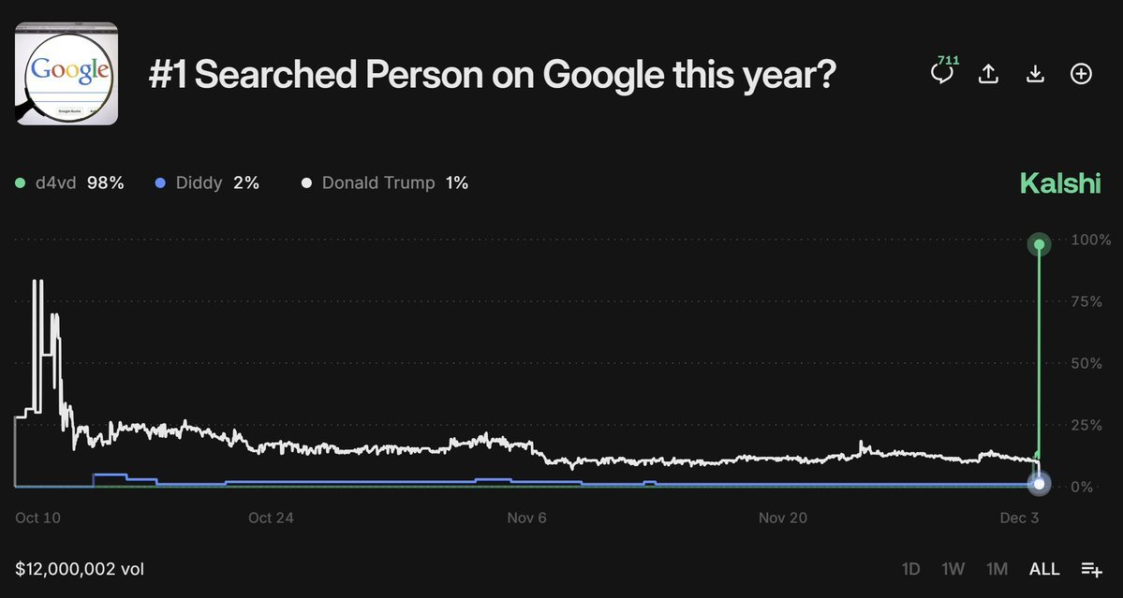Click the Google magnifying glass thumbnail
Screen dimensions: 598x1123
66,74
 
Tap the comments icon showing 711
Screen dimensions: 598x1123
942,73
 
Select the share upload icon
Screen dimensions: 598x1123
988,74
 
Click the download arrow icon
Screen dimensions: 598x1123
1035,74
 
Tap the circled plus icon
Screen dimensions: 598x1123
1081,74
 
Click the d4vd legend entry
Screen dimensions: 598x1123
70,182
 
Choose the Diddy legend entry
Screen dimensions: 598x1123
207,182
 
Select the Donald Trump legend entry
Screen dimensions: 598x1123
384,182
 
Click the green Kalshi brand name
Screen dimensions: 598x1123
1059,183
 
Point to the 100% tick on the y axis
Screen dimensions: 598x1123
1089,241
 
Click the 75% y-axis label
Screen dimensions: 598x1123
1086,301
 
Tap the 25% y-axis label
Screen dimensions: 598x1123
1086,425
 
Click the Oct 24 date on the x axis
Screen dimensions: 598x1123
271,518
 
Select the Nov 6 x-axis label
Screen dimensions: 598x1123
526,518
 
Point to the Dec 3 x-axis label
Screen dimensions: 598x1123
1018,518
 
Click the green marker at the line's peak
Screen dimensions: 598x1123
1039,245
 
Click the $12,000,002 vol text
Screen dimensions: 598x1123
80,569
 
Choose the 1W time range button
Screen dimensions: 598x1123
953,569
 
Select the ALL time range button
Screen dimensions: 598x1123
1044,569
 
